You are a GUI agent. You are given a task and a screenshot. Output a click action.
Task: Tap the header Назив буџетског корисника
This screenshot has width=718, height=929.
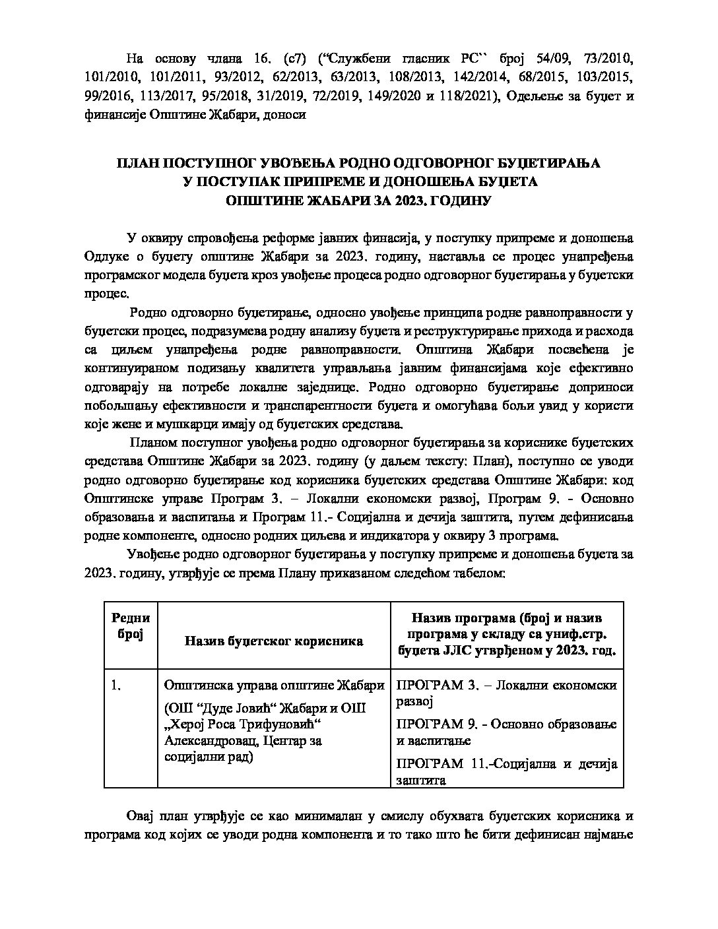[273, 640]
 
